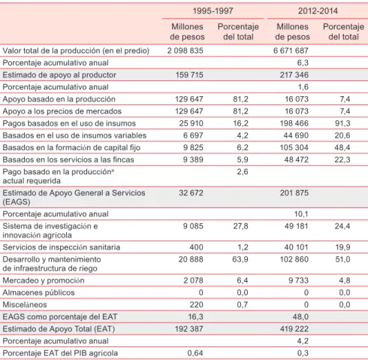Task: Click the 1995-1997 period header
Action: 213,11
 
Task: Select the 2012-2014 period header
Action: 318,11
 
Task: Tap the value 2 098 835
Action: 186,50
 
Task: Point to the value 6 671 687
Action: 291,50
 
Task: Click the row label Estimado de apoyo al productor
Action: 59,75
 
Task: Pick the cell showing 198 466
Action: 294,123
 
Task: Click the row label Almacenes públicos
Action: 38,292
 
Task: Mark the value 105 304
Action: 294,147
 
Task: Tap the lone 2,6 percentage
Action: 243,172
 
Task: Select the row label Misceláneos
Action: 25,304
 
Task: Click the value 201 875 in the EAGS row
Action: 294,193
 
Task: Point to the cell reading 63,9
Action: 240,259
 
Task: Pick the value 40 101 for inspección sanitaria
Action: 296,247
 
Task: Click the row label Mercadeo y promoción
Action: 44,280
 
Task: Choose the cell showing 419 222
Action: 294,329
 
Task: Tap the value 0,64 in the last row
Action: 195,353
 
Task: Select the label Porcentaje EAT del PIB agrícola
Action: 60,353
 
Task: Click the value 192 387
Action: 189,329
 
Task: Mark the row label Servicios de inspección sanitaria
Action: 62,247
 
